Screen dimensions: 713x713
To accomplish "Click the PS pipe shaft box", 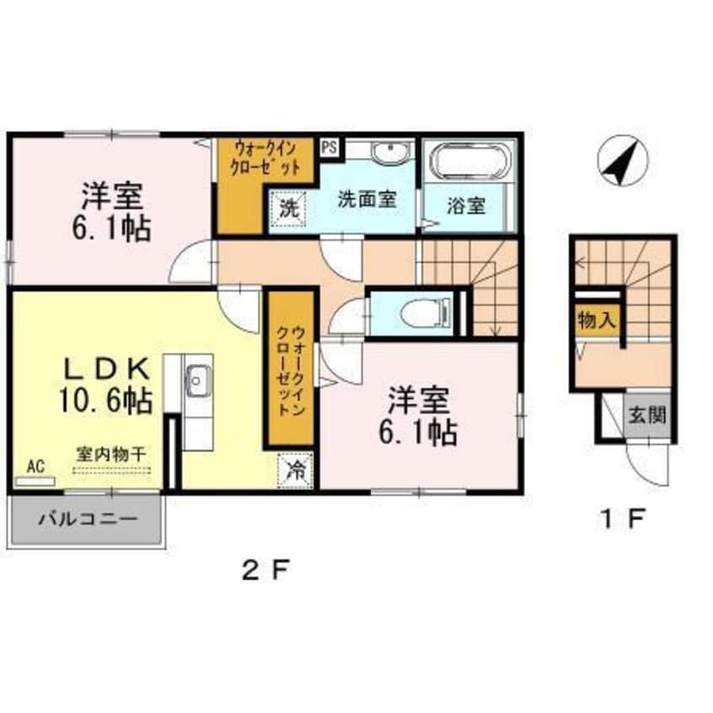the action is click(330, 147).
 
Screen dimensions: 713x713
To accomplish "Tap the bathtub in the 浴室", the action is click(470, 162).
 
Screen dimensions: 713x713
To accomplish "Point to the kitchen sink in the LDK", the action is click(198, 381).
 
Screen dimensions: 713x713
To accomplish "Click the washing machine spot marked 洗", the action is click(289, 208).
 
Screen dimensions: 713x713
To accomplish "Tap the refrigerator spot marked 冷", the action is click(296, 471).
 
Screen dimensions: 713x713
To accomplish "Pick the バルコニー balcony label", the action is click(88, 519).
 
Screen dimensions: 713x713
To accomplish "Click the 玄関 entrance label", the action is click(647, 415).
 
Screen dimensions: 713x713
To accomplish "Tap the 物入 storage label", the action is click(597, 321).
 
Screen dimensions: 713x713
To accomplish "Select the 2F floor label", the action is click(265, 571).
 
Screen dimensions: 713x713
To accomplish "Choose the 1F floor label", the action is click(623, 519).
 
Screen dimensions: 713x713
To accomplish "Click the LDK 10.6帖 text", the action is click(105, 384).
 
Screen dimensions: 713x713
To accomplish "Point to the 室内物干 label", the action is click(111, 454).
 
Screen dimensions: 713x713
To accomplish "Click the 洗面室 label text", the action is click(367, 199).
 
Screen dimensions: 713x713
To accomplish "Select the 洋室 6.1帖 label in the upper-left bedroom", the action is click(112, 211).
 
